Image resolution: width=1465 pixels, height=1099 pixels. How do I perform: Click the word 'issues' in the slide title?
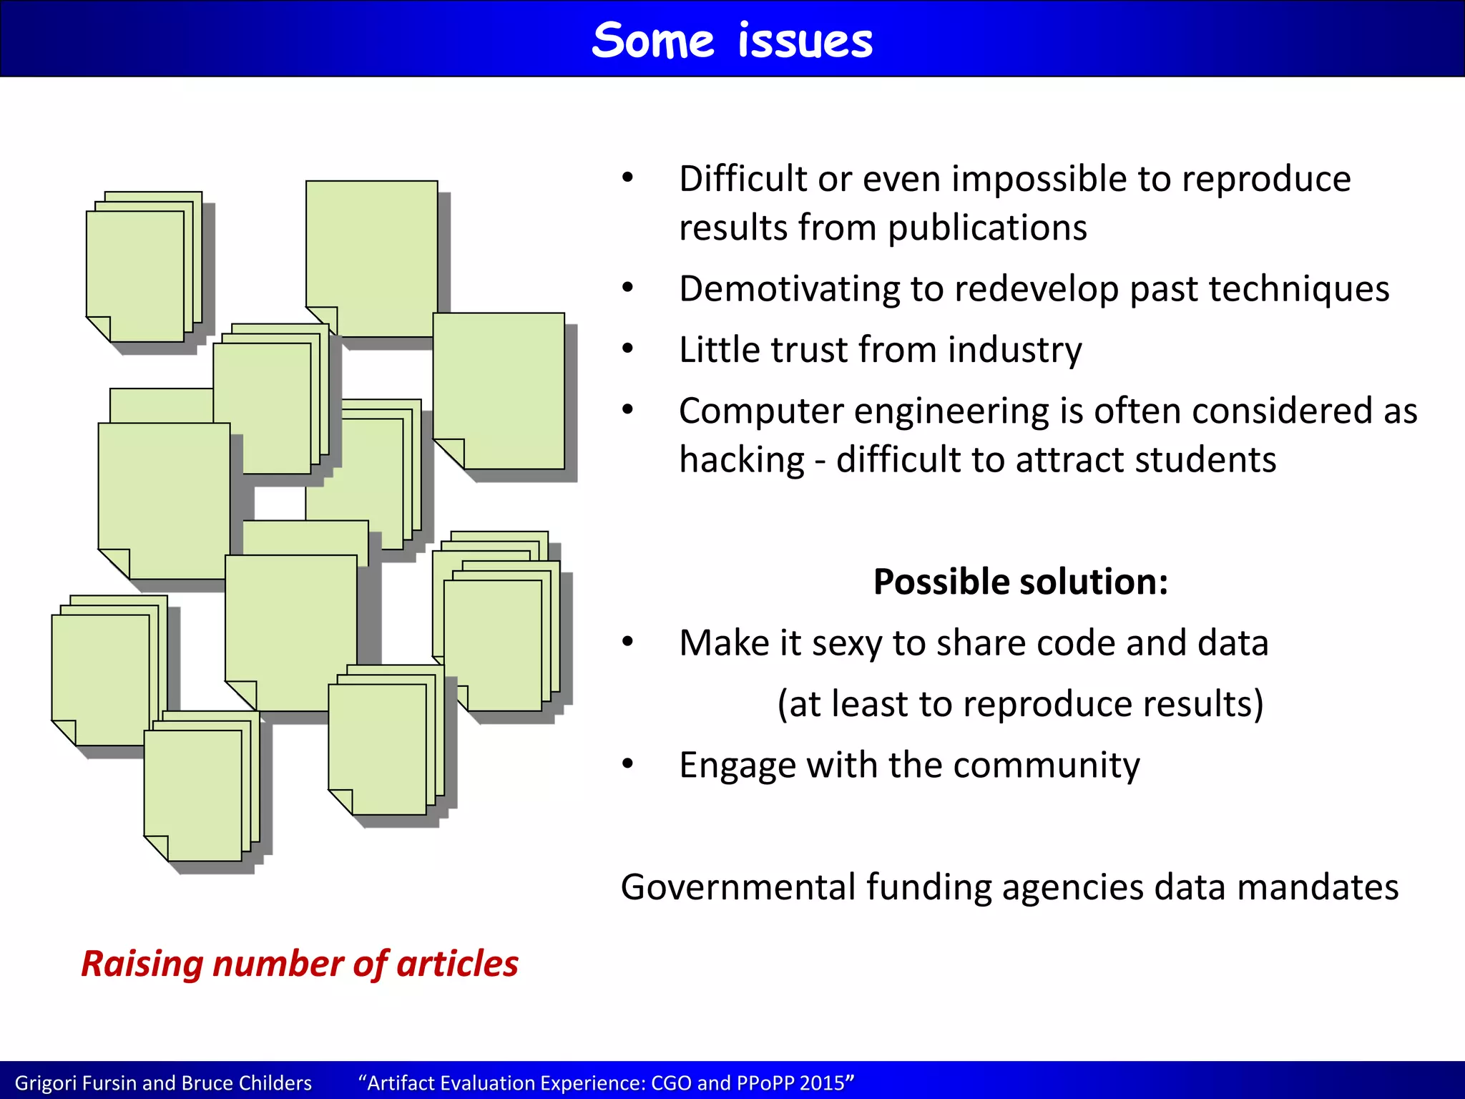tap(805, 41)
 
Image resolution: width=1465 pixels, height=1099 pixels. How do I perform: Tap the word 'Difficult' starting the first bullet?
tap(743, 179)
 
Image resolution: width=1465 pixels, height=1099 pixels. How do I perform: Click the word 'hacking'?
tap(742, 459)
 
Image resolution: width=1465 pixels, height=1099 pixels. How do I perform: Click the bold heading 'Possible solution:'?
tap(1021, 581)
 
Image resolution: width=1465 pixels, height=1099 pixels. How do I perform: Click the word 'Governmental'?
tap(738, 887)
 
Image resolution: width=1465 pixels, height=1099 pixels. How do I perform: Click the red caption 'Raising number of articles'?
tap(300, 964)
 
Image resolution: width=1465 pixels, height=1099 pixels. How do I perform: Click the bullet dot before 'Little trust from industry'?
tap(628, 349)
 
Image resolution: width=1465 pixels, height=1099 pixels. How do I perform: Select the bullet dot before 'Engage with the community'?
tap(628, 764)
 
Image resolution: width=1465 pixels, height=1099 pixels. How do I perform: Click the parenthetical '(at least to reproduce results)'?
tap(1020, 704)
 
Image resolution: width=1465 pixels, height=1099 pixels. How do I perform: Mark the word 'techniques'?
tap(1299, 289)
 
